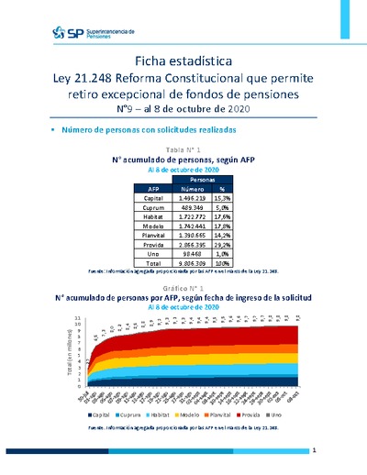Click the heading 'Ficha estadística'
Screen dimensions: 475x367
pyautogui.click(x=183, y=61)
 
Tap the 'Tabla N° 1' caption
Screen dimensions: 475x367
pyautogui.click(x=183, y=149)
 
